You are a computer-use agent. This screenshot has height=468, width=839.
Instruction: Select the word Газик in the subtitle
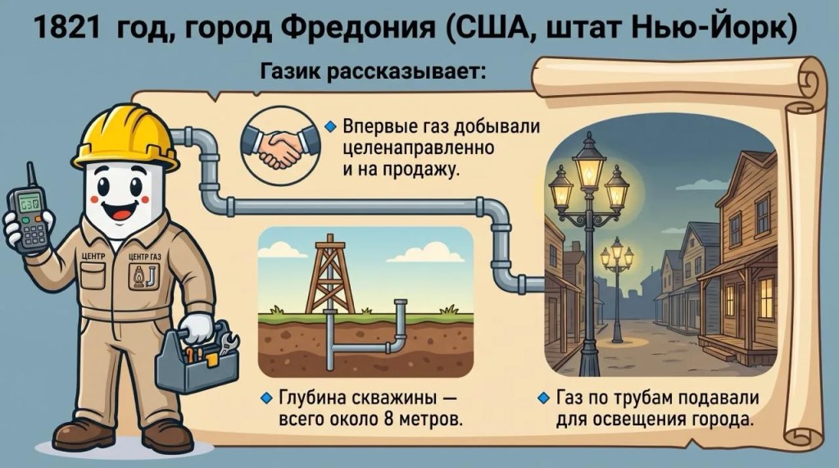(290, 71)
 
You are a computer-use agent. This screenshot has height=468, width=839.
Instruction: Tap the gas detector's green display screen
(29, 203)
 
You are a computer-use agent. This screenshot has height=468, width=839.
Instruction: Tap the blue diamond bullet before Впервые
(331, 127)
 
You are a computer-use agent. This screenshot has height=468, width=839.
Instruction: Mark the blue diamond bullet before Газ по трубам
(543, 398)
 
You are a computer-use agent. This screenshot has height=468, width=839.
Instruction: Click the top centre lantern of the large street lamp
(588, 163)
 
